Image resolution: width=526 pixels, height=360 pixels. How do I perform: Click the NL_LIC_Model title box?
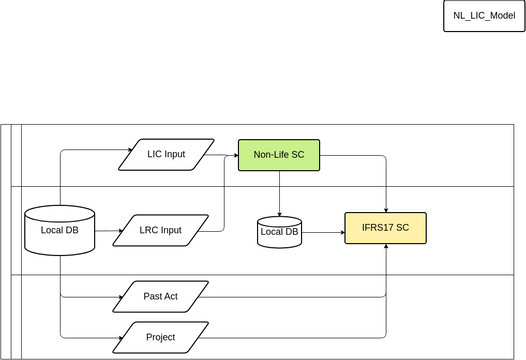483,17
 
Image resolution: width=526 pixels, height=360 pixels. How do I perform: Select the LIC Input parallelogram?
166,154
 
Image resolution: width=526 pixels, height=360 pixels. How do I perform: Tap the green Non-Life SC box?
279,154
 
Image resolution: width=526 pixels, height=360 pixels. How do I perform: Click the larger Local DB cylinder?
59,229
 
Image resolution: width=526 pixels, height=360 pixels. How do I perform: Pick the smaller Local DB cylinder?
279,232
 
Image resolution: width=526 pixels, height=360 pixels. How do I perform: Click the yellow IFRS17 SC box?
386,229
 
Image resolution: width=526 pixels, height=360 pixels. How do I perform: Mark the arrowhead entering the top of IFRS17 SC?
386,208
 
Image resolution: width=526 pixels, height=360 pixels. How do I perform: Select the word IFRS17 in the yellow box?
377,229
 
